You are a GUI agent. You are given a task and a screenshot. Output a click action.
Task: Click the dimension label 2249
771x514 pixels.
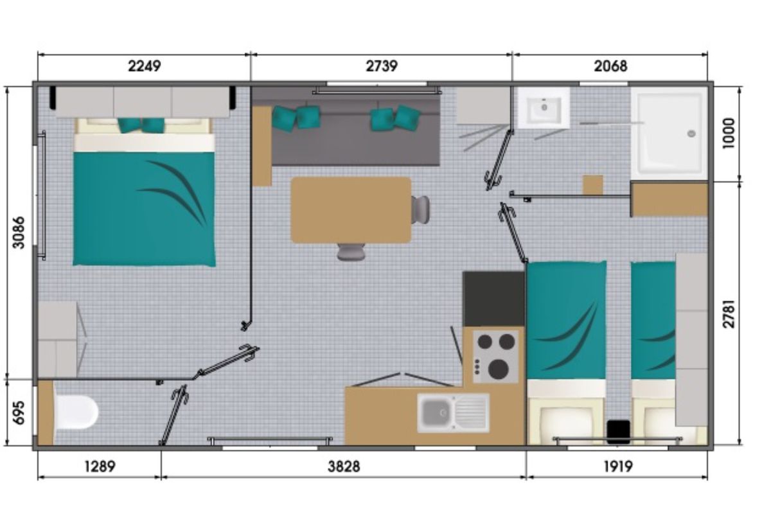pos(144,66)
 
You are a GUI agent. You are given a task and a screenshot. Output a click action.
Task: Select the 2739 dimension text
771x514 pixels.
pos(382,66)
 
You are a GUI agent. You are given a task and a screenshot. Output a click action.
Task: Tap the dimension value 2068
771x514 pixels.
pos(610,66)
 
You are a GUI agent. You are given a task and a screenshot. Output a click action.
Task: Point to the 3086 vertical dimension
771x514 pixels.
pos(19,232)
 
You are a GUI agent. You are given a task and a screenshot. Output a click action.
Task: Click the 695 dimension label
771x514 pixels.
pos(19,412)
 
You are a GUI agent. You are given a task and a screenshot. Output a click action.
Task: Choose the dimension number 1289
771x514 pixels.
pos(100,467)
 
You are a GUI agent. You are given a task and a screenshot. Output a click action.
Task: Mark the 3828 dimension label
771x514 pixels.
pos(344,467)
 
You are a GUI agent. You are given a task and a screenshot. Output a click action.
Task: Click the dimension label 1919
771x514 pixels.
pos(618,467)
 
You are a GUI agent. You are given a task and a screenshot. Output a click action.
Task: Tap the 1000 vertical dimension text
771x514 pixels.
pos(729,134)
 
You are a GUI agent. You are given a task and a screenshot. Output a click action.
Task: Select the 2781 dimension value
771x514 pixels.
pos(729,314)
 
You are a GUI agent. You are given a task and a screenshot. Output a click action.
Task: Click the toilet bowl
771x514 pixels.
pos(76,412)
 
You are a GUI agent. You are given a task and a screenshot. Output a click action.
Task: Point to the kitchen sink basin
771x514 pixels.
pos(436,412)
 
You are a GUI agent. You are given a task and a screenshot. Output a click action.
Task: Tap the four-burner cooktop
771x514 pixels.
pos(495,357)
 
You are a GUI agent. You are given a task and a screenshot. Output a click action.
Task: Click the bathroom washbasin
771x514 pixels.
pos(544,108)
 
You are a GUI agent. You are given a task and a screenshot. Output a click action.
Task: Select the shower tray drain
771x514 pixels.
pos(691,134)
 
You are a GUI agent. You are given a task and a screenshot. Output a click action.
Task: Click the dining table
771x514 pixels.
pos(351,210)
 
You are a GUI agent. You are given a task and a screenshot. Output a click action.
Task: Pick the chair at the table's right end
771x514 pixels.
pos(420,209)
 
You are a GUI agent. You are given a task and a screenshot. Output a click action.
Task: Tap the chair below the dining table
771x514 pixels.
pos(351,252)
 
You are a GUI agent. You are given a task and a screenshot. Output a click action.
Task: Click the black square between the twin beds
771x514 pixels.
pos(619,432)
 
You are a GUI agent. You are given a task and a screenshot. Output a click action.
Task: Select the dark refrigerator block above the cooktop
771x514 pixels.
pos(494,299)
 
